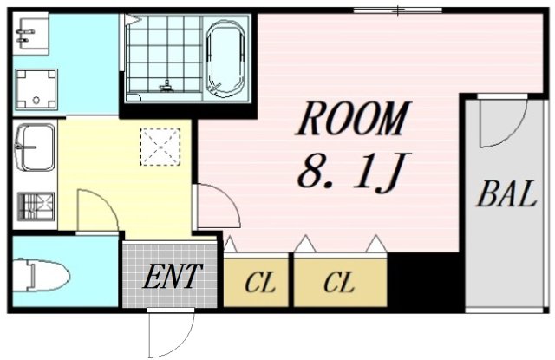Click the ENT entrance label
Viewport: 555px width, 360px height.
(x=172, y=278)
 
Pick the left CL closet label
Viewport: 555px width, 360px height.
(x=258, y=283)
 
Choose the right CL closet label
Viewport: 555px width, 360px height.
(x=339, y=283)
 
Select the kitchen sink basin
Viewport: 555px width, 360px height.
(x=36, y=147)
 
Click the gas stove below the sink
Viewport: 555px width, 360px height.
(x=36, y=206)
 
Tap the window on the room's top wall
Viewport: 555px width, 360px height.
(x=398, y=11)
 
